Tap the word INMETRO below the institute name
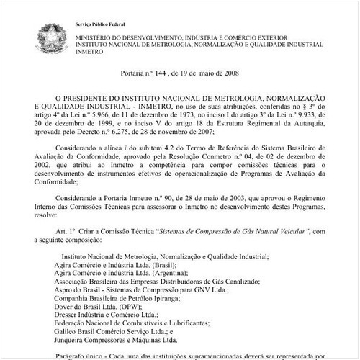(x=89, y=52)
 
